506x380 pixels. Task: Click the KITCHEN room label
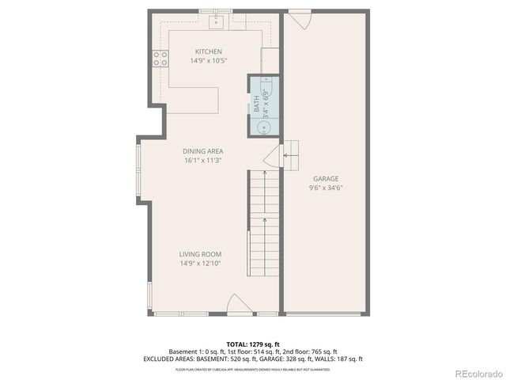point(198,51)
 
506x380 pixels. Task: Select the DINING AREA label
point(202,151)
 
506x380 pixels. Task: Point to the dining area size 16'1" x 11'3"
point(202,160)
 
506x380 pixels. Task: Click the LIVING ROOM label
point(199,254)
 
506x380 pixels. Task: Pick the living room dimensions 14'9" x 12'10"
point(199,264)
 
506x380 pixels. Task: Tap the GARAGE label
point(325,179)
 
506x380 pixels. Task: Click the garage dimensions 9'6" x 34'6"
point(325,188)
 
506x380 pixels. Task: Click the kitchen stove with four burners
point(160,57)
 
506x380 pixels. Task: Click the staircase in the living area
point(266,222)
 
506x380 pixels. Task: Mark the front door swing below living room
point(238,304)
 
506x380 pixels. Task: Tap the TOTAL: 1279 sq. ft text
point(252,344)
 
